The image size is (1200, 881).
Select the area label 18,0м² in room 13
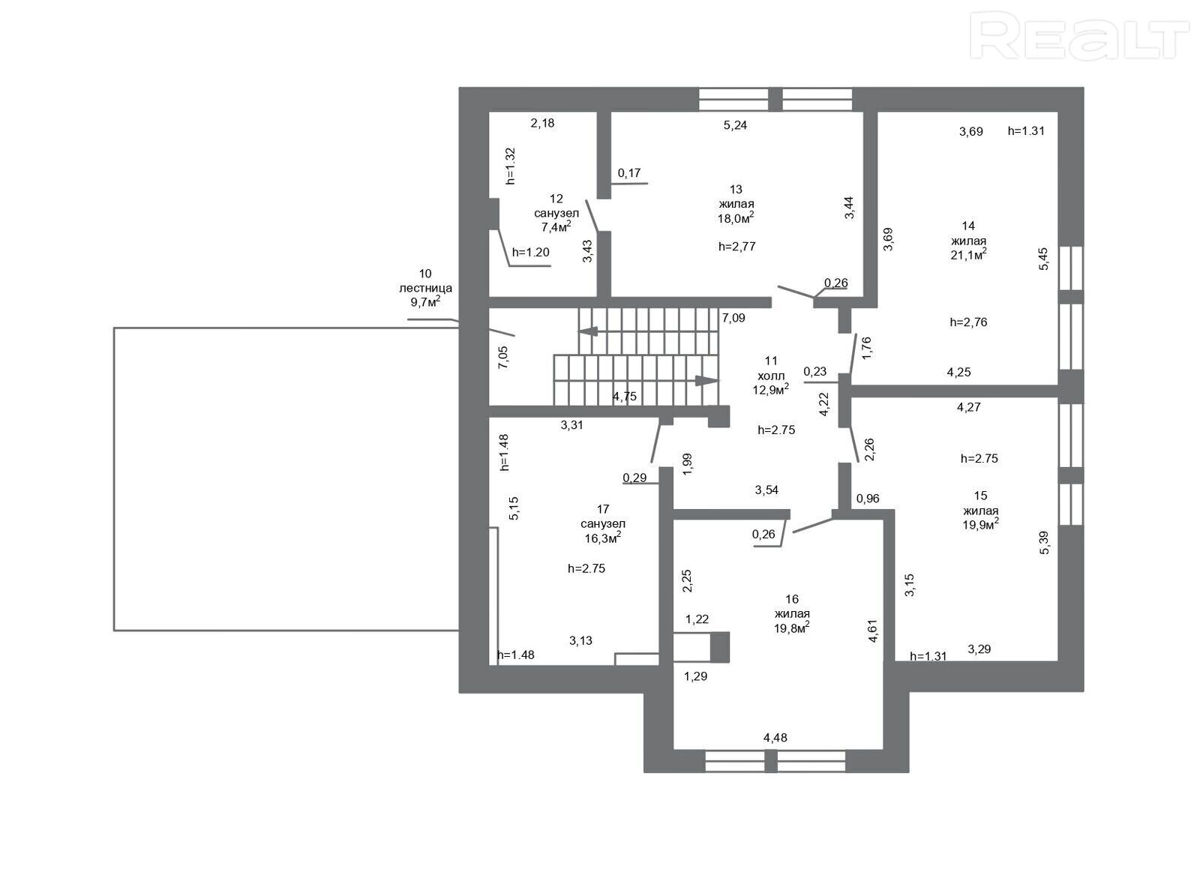[x=736, y=217]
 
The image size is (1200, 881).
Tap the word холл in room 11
[x=771, y=376]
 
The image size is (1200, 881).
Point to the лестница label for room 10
[x=425, y=288]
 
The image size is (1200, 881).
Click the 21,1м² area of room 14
[x=968, y=254]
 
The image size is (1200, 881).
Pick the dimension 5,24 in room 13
[x=735, y=125]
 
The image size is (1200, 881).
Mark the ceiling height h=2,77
[x=737, y=247]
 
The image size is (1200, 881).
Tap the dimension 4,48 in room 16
[x=775, y=738]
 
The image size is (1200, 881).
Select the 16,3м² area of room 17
[x=603, y=537]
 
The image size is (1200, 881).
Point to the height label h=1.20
[x=531, y=252]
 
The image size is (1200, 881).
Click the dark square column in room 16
[x=719, y=647]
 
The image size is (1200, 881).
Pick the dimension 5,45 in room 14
[x=1043, y=259]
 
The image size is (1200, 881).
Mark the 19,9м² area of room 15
[x=980, y=524]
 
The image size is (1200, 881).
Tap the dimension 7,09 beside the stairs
[x=733, y=318]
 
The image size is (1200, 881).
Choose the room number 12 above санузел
[x=556, y=199]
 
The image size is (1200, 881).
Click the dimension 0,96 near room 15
[x=868, y=499]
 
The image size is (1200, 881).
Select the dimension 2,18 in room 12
[x=543, y=123]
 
